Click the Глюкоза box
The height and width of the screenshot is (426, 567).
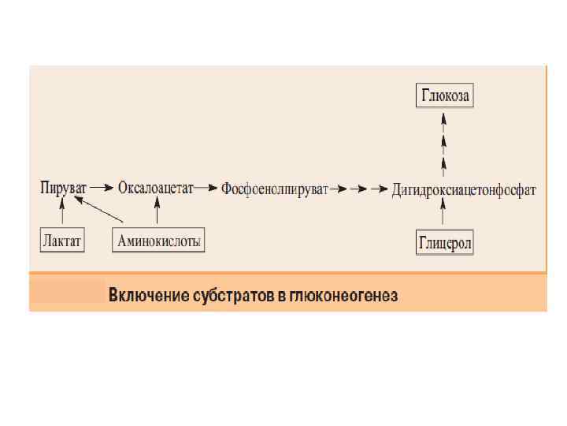coord(445,97)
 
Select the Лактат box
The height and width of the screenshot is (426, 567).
coord(62,240)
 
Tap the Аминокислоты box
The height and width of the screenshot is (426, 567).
coord(158,240)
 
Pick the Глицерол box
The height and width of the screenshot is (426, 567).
coord(444,243)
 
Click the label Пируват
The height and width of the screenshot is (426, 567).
coord(63,189)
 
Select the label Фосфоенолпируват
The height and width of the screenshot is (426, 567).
coord(274,189)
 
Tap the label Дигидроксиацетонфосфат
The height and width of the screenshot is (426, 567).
coord(464,190)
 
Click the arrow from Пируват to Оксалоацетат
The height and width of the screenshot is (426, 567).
coord(102,189)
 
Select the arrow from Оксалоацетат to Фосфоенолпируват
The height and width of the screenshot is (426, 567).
coord(207,189)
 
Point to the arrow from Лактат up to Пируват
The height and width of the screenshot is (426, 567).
coord(62,211)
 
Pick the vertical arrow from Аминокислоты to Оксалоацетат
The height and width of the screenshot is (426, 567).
coord(157,211)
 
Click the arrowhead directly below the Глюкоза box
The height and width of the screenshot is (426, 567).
coord(444,119)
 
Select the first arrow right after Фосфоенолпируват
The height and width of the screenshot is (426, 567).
coord(339,189)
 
